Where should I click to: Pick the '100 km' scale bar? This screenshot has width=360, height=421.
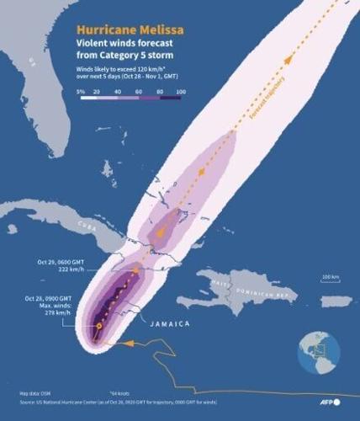(331, 278)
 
